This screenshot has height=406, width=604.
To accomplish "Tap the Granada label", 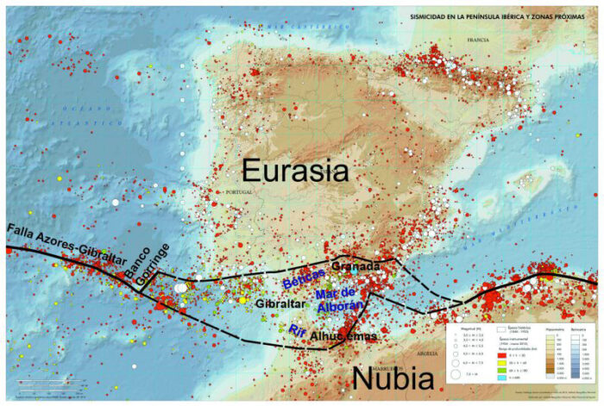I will coord(355,266).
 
